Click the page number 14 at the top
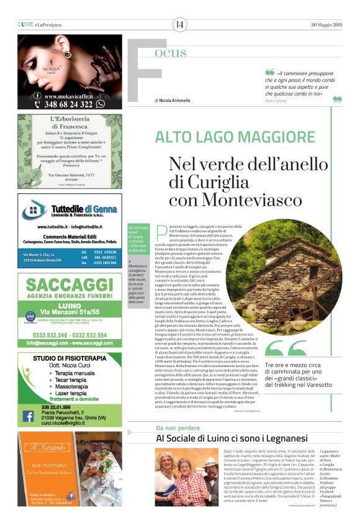179,24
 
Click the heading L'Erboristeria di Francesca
70,125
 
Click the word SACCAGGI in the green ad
70,288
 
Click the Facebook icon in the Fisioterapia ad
28,416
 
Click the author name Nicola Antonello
175,100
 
